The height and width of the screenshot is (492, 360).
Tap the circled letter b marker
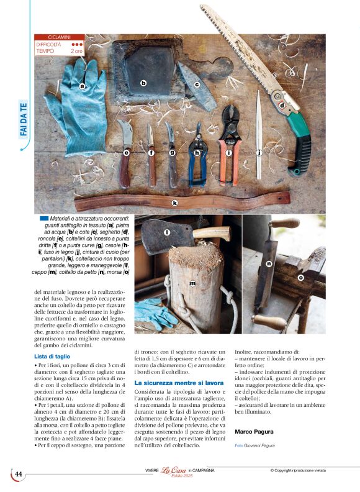point(143,83)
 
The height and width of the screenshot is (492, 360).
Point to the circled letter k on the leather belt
point(175,203)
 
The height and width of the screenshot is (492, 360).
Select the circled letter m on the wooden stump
point(192,283)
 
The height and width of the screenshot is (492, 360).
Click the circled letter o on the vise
point(300,278)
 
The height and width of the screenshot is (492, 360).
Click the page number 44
point(19,474)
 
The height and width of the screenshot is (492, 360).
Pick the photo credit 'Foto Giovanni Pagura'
point(256,445)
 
